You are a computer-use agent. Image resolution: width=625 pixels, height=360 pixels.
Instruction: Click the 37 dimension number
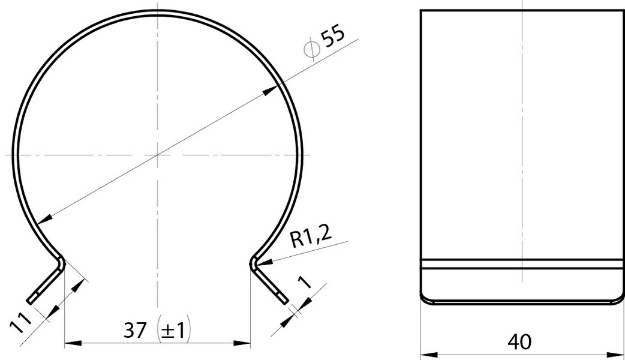135,330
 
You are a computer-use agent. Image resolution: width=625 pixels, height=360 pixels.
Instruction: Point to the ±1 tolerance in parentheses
174,331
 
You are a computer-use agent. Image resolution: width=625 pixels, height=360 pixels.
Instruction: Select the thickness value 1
305,282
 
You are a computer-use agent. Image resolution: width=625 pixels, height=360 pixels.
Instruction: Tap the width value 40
519,341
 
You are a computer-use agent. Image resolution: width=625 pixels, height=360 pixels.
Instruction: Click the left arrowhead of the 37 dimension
73,343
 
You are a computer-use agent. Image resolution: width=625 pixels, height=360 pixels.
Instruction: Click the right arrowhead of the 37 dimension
242,343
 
